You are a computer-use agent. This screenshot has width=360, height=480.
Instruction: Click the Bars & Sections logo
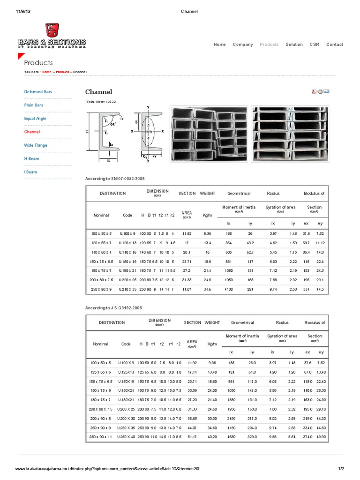tap(52, 37)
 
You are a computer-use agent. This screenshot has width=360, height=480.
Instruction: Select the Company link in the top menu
tap(243, 45)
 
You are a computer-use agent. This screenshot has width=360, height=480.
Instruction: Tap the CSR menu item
tap(314, 45)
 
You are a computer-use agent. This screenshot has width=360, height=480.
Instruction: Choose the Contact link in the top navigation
tap(335, 45)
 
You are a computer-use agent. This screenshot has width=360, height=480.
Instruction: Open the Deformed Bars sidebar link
tap(38, 92)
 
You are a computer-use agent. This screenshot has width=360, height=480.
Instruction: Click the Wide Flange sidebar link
tap(36, 145)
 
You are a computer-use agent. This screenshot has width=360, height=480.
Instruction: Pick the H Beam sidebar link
tap(30, 159)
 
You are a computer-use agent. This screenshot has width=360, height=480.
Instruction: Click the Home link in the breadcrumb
tap(47, 72)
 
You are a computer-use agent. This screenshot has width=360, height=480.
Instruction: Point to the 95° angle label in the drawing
tap(113, 126)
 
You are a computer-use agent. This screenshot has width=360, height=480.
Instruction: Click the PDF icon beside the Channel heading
tap(314, 91)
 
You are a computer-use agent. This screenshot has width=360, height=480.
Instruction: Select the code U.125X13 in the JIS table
tap(126, 372)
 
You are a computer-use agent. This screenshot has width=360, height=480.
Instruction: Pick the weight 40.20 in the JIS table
tap(212, 436)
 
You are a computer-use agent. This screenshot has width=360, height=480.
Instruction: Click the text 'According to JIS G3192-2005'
tap(113, 307)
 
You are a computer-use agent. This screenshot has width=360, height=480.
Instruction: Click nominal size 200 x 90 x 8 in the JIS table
tap(100, 418)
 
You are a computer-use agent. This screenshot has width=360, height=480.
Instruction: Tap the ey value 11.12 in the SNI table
tap(320, 243)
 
